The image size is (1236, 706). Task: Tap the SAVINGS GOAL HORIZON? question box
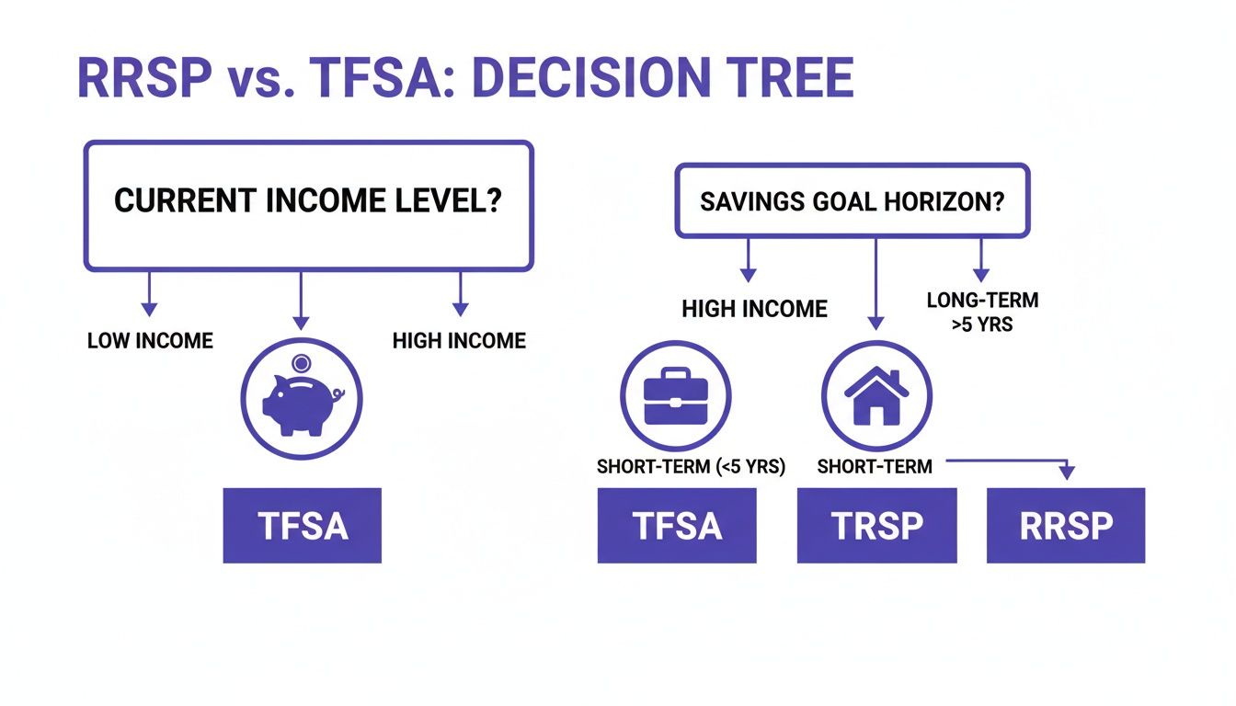tap(852, 201)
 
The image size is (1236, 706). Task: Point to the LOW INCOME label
tap(150, 341)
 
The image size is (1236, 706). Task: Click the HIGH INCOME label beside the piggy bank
tap(459, 341)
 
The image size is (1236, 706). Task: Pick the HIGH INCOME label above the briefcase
tap(754, 310)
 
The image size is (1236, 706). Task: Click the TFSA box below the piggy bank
tap(302, 525)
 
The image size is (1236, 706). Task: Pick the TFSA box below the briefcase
tap(677, 525)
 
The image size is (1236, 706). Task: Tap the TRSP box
tap(876, 525)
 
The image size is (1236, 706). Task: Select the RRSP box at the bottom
tap(1066, 525)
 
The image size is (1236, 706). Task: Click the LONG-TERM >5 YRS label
tap(980, 312)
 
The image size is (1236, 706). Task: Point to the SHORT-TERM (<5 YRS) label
tap(691, 467)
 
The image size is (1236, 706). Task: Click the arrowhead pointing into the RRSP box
tap(1066, 473)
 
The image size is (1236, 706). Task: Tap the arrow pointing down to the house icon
tap(875, 285)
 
